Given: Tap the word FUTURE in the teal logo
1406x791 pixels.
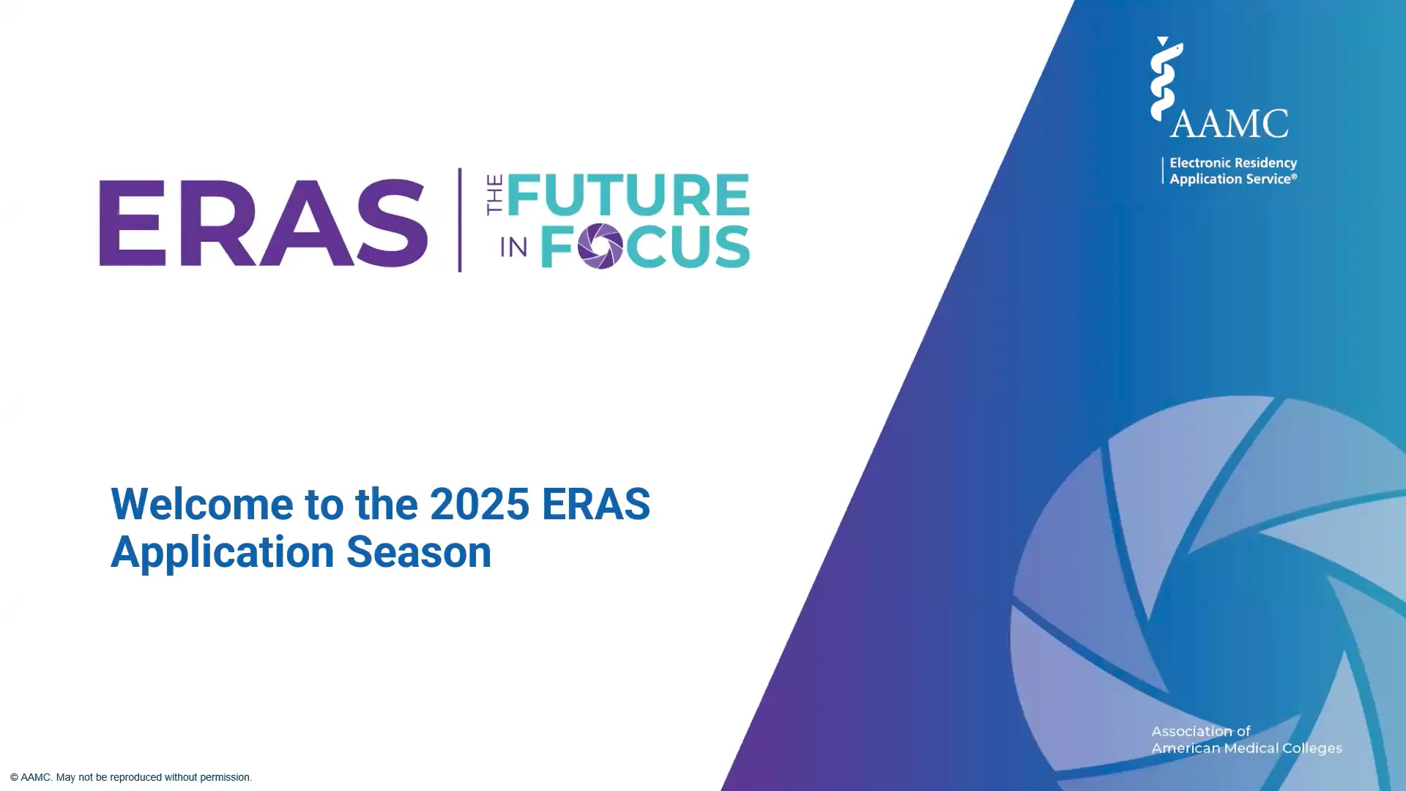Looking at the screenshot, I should point(628,195).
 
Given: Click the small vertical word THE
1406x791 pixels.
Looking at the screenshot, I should point(495,195).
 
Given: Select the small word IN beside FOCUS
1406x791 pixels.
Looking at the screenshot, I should point(513,248).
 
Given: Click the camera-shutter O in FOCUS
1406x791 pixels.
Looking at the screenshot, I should point(600,246).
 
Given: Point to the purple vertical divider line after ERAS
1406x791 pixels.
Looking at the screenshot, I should point(460,220).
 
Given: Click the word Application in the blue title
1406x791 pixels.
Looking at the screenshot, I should point(221,552).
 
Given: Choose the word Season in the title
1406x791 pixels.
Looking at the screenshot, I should point(418,552).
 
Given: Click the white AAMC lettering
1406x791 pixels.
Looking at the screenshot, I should point(1230,123).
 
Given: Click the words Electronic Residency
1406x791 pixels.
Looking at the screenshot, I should point(1233,163).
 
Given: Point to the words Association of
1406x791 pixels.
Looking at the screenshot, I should point(1201,731).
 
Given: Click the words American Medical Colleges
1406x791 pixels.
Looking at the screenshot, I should point(1246,748).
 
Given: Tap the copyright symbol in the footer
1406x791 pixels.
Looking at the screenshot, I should point(14,777).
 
